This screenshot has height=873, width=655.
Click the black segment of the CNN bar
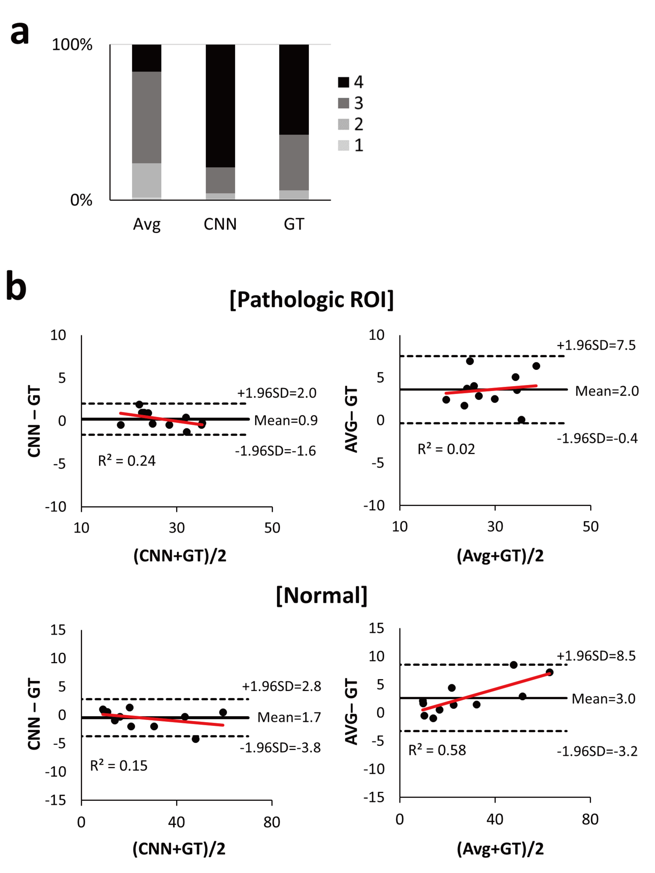[220, 105]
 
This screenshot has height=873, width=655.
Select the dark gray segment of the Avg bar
[146, 117]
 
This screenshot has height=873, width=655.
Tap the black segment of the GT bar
[294, 89]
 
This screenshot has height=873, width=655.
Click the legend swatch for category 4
[343, 82]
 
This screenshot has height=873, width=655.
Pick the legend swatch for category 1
[343, 145]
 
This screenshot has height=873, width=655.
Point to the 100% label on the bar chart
[72, 45]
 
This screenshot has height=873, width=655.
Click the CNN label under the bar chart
[220, 224]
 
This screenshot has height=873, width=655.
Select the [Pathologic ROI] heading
[311, 300]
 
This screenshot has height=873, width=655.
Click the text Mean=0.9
[286, 420]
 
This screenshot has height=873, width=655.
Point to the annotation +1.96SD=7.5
[596, 345]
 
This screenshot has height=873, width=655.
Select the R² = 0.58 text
[437, 750]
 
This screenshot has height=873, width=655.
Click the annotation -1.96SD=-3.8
[280, 748]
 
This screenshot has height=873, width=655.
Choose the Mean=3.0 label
[603, 699]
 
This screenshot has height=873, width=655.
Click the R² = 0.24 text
[127, 461]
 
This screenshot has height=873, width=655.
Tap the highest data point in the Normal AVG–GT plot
[513, 665]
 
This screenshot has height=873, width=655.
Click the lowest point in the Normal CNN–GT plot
[195, 739]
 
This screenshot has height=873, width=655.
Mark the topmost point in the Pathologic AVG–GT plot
[470, 361]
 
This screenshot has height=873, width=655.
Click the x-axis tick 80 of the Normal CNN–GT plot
[271, 822]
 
